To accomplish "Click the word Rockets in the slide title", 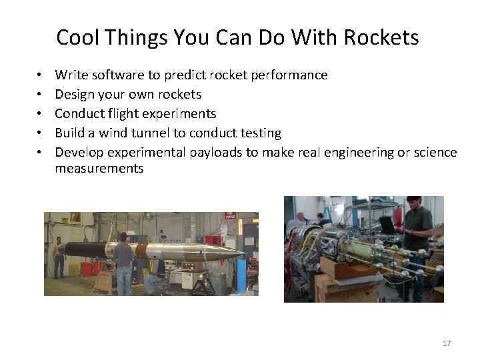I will (381, 37).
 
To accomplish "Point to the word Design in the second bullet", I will (75, 95).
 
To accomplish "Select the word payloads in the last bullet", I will (217, 152).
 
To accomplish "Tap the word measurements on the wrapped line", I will (99, 169).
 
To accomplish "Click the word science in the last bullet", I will (433, 152).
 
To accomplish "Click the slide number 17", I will (447, 343).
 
